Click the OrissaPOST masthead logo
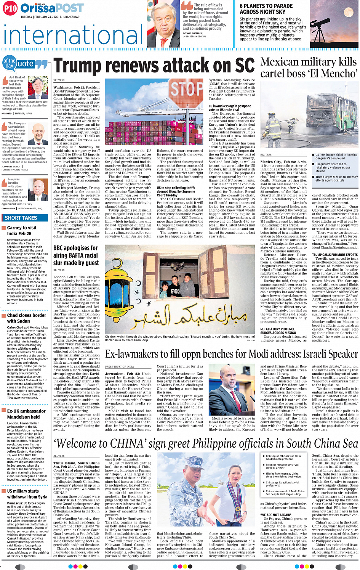tap(52, 8)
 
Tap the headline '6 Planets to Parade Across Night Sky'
tap(266, 9)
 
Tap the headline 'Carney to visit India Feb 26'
tap(22, 230)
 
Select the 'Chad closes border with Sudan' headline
tap(26, 318)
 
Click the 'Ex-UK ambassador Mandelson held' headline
tap(26, 414)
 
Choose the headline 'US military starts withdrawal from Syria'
tap(27, 494)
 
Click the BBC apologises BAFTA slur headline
tap(76, 255)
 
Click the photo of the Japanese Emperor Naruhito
tap(38, 87)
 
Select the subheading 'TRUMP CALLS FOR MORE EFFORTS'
tap(334, 255)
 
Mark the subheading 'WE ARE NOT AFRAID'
tap(275, 515)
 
